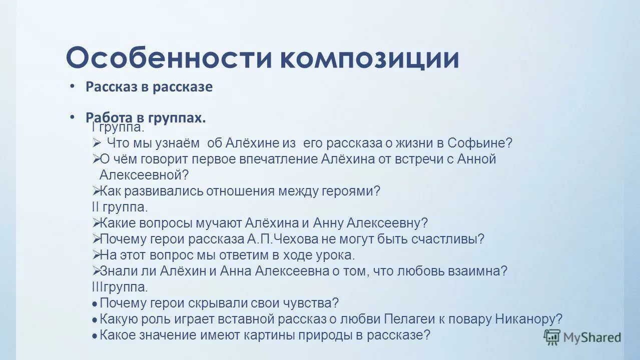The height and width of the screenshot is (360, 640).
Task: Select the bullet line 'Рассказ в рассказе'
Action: [x=149, y=86]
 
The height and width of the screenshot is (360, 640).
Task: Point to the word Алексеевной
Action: [x=144, y=175]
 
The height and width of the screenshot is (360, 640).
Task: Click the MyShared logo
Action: [x=582, y=337]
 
